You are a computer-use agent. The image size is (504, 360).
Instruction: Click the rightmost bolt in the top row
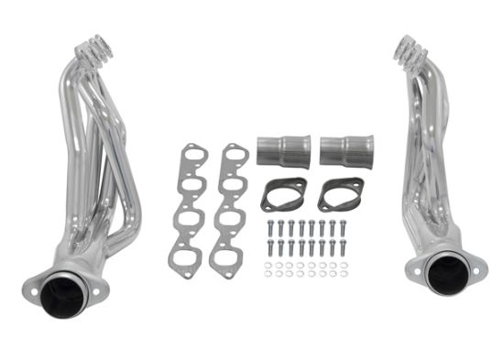344,225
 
